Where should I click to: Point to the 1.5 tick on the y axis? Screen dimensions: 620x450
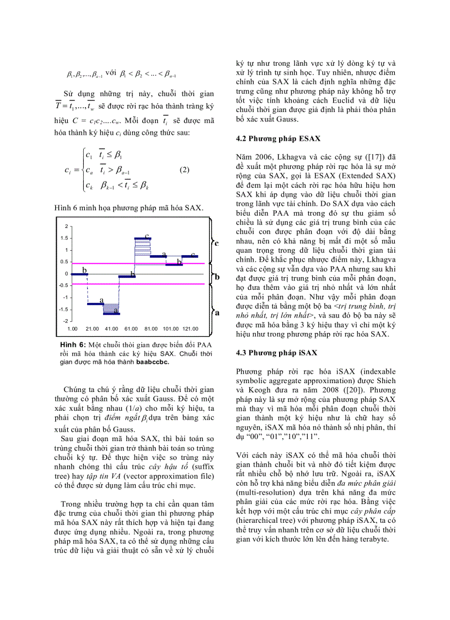[65, 239]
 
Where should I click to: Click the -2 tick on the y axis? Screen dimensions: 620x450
[66, 321]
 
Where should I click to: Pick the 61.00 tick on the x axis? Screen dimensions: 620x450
[131, 328]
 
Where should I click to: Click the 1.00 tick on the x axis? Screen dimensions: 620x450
[72, 328]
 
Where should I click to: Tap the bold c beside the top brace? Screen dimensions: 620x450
[217, 243]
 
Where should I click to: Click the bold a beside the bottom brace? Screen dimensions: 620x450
[217, 312]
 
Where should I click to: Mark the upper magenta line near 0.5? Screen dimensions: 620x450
[138, 263]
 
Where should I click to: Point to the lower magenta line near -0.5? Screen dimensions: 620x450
[138, 284]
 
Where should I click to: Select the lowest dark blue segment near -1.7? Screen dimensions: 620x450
[111, 313]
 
